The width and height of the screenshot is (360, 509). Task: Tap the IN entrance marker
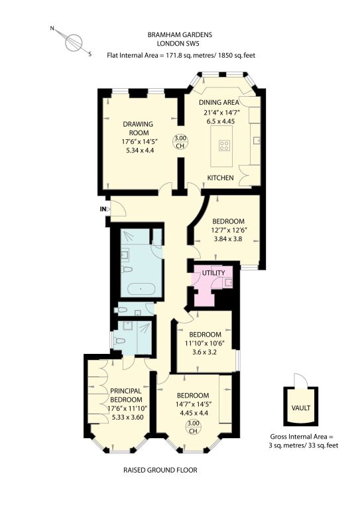tap(103, 209)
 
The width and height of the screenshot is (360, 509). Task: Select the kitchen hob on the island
tap(223, 145)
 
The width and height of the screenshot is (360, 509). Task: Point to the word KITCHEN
tap(220, 178)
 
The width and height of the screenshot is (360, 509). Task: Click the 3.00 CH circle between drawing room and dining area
tap(180, 142)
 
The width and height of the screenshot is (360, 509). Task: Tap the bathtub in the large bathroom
tap(141, 288)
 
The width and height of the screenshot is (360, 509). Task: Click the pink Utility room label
tap(213, 272)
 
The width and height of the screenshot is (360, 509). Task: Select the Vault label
tap(300, 408)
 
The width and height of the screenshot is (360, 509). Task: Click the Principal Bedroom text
tap(126, 395)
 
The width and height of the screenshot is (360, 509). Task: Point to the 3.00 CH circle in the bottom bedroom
tap(193, 427)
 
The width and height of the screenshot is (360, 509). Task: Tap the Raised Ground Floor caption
tap(160, 470)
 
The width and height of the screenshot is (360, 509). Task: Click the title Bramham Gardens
tap(180, 34)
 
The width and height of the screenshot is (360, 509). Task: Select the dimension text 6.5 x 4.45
tap(220, 121)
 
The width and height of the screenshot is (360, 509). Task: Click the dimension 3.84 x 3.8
tap(228, 239)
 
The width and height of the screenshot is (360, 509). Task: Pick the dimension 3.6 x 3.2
tap(205, 351)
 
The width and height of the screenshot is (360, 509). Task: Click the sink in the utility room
tap(228, 283)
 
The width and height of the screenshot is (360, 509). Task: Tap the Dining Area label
tap(219, 102)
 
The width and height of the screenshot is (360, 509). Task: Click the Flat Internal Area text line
tap(181, 55)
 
